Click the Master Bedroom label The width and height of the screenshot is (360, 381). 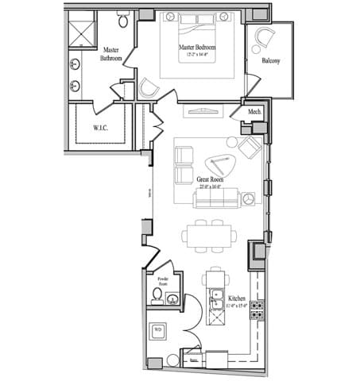(199, 48)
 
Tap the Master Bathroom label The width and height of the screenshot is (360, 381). (110, 54)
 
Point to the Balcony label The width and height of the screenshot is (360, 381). (270, 60)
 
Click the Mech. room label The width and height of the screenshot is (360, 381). (255, 112)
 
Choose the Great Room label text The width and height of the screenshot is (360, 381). (210, 180)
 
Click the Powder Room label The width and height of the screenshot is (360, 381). (163, 282)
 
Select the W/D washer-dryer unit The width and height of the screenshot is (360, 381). (158, 329)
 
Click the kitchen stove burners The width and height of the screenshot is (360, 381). (257, 310)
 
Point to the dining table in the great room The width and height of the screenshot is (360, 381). (210, 235)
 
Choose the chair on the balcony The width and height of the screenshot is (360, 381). (263, 37)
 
